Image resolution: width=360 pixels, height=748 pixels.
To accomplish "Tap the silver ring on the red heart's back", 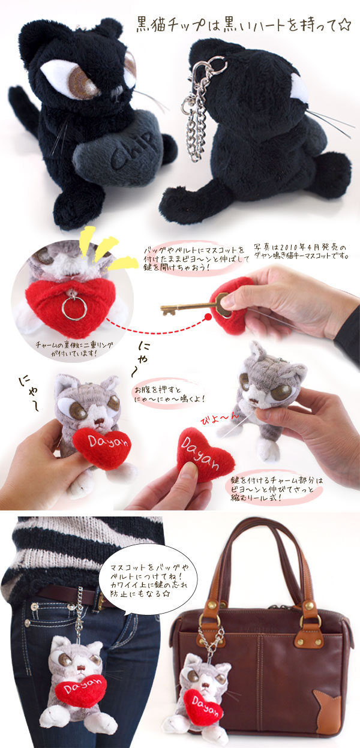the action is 74,308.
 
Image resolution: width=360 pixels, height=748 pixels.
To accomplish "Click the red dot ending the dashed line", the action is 208,317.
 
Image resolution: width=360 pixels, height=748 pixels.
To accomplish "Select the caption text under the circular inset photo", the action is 74,349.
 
